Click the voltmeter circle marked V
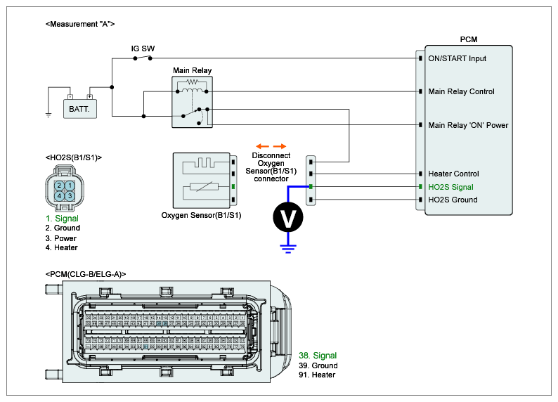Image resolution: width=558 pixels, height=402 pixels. point(288,218)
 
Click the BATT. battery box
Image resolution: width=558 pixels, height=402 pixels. point(79,109)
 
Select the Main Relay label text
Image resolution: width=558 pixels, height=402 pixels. point(192,70)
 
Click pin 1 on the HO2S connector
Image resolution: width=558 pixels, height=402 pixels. point(70,185)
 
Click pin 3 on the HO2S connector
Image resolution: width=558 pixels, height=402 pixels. point(70,195)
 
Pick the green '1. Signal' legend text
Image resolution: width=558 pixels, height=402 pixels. point(62,219)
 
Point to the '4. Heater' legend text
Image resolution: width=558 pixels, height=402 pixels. point(61,247)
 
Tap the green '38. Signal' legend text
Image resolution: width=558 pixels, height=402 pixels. point(318,356)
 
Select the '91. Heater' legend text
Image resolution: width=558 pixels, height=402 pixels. point(316,375)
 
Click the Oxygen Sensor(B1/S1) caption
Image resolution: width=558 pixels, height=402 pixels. point(201,215)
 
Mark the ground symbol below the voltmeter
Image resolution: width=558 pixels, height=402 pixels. point(288,246)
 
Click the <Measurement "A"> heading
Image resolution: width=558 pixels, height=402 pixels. point(79,24)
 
